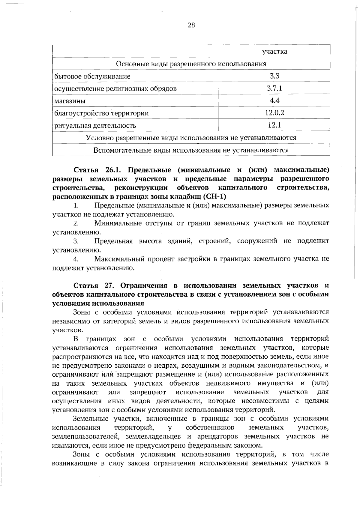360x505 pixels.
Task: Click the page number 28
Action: click(x=191, y=25)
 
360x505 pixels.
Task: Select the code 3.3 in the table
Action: click(x=274, y=76)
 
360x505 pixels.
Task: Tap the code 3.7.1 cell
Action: click(x=274, y=88)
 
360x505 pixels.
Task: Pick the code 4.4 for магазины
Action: click(x=274, y=100)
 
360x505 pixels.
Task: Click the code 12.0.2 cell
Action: click(x=274, y=113)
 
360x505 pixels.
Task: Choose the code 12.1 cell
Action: click(x=274, y=125)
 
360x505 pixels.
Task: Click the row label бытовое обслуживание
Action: click(x=92, y=76)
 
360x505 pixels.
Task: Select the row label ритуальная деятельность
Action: click(x=95, y=125)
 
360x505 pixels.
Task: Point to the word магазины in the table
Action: click(x=70, y=101)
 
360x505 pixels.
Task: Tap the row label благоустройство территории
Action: click(x=101, y=113)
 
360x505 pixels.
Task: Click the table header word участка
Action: click(x=274, y=52)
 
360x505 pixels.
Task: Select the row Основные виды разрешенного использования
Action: click(x=191, y=64)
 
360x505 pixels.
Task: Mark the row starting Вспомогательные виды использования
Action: click(x=191, y=150)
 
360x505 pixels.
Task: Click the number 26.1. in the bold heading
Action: click(x=113, y=170)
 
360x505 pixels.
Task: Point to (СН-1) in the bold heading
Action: click(x=214, y=197)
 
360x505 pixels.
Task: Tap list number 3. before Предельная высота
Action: click(x=76, y=241)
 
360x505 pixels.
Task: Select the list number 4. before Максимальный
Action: click(x=76, y=259)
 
